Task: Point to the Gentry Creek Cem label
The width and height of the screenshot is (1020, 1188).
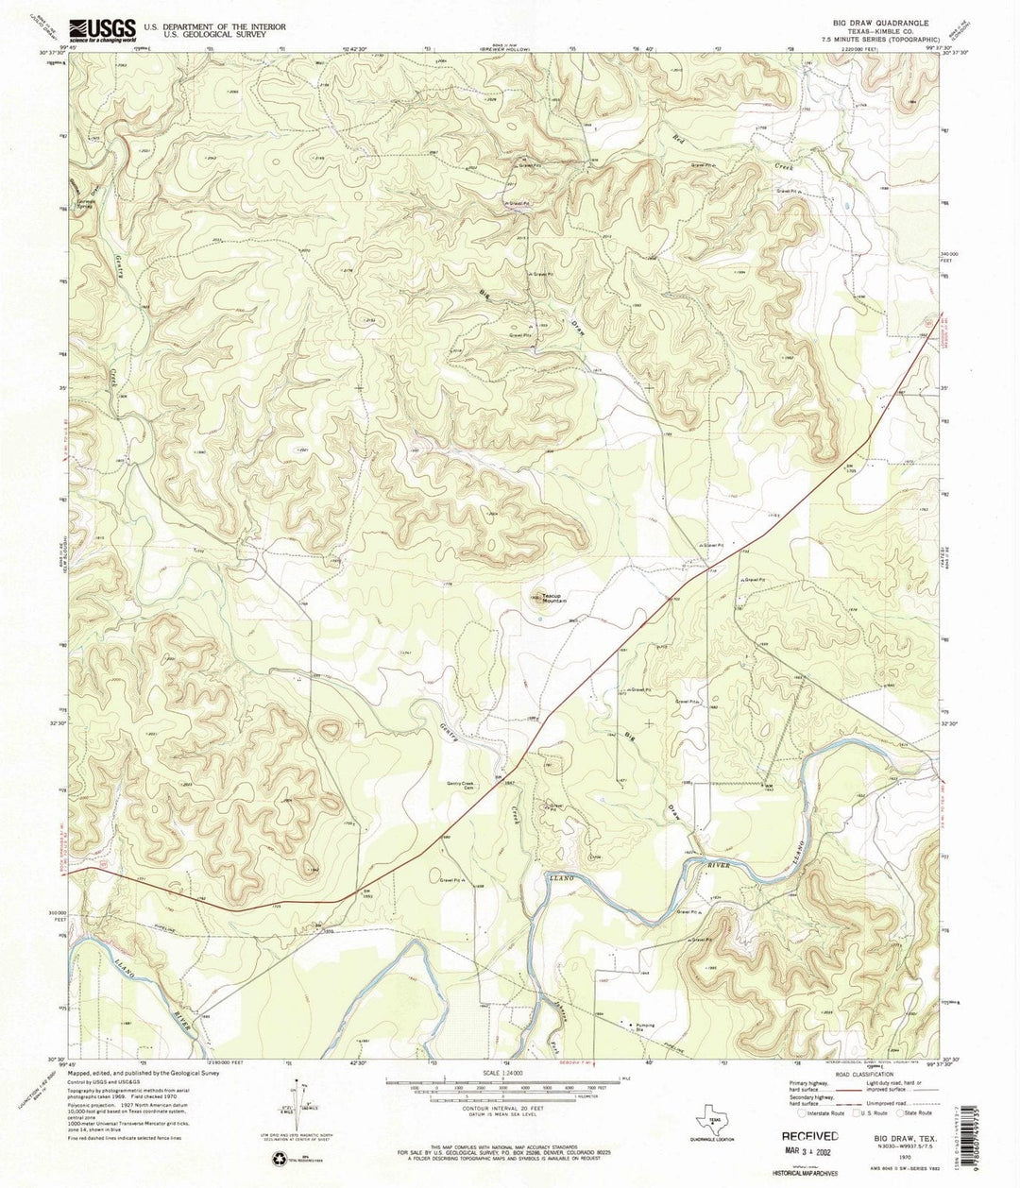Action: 453,784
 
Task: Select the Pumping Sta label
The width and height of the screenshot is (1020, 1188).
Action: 646,1026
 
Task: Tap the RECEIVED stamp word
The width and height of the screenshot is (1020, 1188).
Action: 808,1137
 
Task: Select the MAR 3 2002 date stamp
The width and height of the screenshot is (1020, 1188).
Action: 809,1155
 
